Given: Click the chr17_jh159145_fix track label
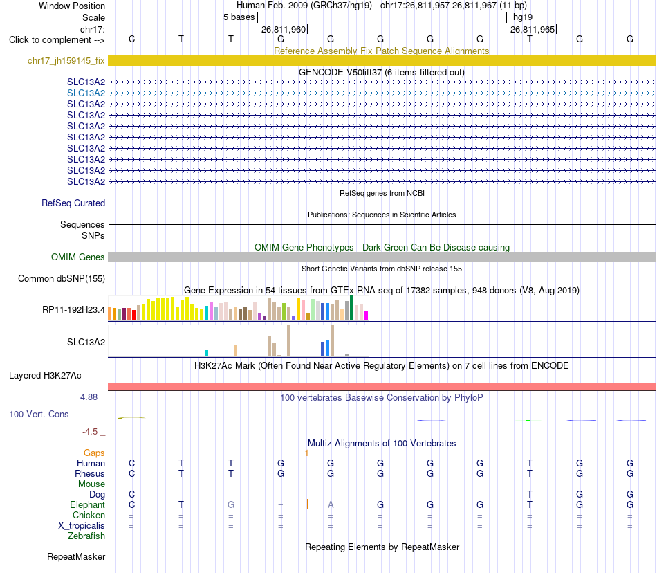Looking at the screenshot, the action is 66,60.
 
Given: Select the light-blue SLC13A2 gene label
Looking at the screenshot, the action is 86,93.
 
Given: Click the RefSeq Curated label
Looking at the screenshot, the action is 73,203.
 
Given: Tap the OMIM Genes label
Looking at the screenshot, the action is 78,257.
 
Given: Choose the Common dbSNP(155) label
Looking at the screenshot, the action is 62,279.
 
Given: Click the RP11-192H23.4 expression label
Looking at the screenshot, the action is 74,310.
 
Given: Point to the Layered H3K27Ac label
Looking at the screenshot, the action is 45,376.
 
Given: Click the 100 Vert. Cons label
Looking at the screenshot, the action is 39,414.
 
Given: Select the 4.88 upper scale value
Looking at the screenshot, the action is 89,397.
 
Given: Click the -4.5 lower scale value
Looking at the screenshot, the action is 90,432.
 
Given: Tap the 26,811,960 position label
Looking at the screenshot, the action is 284,29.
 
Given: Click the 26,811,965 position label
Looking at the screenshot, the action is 533,29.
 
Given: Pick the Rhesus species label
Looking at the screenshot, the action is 90,473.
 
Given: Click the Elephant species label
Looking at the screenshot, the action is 88,504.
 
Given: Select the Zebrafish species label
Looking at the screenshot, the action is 86,536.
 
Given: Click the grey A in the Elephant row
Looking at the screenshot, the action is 331,504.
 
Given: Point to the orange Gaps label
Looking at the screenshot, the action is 94,453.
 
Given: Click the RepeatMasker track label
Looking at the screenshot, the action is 76,556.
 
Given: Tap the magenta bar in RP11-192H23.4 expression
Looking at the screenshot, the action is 367,316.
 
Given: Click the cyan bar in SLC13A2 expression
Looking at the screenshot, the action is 206,353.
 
